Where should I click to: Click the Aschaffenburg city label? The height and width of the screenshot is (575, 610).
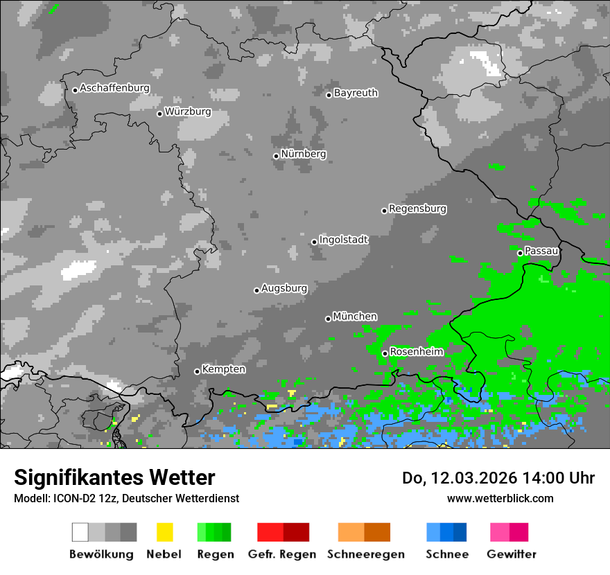tap(114, 88)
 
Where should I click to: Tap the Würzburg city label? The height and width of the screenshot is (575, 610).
tap(188, 112)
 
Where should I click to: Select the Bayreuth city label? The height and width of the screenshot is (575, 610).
tap(356, 93)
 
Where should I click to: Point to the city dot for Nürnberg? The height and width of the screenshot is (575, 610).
tap(276, 156)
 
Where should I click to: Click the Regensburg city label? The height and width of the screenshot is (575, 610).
tap(417, 209)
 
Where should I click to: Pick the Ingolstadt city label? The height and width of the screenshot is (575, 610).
tap(344, 240)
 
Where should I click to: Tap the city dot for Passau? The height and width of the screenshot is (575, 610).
tap(520, 253)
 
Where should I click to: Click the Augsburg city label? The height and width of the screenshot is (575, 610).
tap(284, 288)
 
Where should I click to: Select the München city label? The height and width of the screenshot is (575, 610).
tap(355, 317)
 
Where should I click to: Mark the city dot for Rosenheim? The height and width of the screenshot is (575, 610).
tap(385, 353)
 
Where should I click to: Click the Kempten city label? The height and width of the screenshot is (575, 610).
tap(223, 369)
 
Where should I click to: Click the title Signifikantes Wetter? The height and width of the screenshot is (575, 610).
tap(114, 478)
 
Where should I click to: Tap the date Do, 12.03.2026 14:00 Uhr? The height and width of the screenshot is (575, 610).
tap(498, 478)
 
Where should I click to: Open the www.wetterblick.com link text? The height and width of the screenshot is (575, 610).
tap(500, 498)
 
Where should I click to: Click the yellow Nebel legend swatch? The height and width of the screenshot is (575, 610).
tap(164, 532)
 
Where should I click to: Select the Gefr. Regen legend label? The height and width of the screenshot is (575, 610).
tap(283, 554)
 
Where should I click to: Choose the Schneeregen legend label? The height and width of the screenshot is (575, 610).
tap(365, 554)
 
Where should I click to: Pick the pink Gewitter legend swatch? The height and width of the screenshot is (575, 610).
tap(500, 532)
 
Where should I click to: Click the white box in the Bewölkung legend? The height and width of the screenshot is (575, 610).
tap(80, 532)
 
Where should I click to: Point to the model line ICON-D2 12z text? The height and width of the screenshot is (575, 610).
tap(126, 498)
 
